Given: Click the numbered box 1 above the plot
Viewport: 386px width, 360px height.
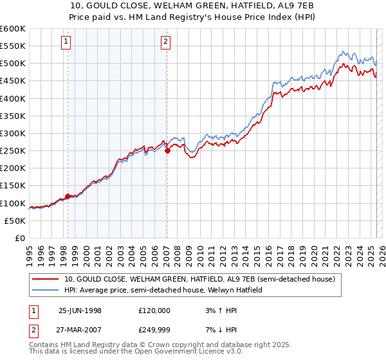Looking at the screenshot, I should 67,42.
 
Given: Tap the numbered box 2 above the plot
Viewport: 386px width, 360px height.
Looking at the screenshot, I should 165,42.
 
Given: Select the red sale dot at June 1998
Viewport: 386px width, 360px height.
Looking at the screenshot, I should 68,196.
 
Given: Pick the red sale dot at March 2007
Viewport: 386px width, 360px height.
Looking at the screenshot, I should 167,151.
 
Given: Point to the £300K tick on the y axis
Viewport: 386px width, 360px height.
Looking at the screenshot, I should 13,133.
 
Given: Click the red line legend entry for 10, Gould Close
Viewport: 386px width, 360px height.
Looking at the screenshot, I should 199,280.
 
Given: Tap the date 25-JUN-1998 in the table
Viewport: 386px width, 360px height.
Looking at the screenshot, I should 80,310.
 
